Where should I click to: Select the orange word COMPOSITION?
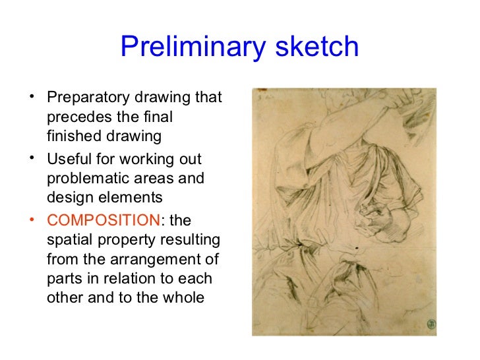pos(104,220)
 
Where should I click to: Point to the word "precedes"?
pos(75,118)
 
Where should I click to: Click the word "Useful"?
pos(67,160)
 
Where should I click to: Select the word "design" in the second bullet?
pos(71,198)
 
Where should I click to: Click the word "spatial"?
pos(70,239)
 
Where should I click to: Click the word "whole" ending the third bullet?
pos(183,296)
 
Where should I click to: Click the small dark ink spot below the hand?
pos(357,249)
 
